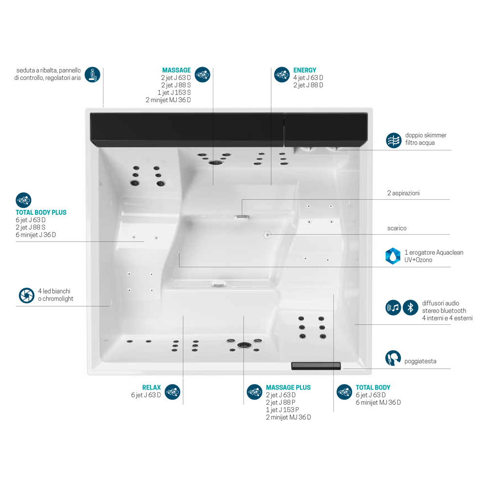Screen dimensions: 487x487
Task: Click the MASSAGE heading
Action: coord(176,70)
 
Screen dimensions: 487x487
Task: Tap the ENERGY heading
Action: coord(305,70)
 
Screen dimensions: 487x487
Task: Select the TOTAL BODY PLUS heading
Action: coord(41,212)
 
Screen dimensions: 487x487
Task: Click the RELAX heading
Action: coord(151,388)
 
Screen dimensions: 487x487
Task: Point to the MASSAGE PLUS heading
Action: coord(288,388)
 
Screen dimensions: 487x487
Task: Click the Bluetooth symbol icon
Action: coord(410,307)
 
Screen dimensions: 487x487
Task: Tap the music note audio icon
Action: coord(393,307)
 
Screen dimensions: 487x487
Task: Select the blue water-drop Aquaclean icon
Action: coord(393,256)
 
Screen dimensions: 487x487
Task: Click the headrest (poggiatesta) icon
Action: coord(393,358)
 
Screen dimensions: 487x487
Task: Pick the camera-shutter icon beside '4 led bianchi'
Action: coord(26,296)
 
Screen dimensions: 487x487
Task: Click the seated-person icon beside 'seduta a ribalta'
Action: coord(93,75)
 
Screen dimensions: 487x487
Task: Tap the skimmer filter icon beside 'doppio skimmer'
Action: coord(393,140)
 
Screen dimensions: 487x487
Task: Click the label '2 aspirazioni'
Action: coord(403,193)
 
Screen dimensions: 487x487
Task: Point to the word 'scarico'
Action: coord(396,228)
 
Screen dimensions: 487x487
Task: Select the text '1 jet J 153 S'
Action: coord(174,93)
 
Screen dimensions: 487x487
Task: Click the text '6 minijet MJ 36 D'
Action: coord(378,403)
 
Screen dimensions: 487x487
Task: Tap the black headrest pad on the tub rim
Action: coord(316,366)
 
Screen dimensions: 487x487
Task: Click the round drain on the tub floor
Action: coord(268,235)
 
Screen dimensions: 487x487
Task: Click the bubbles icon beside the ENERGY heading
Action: coord(282,75)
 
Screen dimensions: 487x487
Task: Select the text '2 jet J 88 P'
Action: coord(281,403)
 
